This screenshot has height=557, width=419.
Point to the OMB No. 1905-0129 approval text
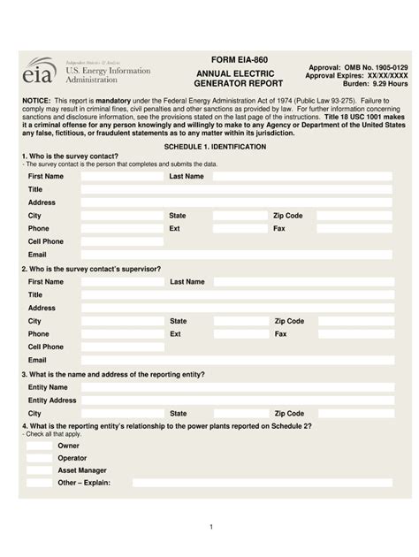click(358, 67)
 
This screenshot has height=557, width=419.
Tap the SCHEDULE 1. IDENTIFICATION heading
click(209, 145)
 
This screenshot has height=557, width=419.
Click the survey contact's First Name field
click(122, 177)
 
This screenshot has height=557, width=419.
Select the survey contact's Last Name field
click(301, 177)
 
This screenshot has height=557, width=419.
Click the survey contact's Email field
click(236, 255)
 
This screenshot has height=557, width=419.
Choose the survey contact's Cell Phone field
click(122, 241)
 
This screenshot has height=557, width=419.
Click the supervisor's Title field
click(236, 295)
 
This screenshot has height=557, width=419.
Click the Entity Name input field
click(236, 387)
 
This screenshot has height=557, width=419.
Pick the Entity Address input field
click(236, 401)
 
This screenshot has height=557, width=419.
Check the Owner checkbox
click(39, 446)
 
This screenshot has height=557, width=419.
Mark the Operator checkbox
click(39, 459)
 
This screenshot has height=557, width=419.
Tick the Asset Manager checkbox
click(39, 471)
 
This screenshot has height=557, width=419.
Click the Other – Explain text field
click(263, 484)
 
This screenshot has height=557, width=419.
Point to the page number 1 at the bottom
click(210, 527)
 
